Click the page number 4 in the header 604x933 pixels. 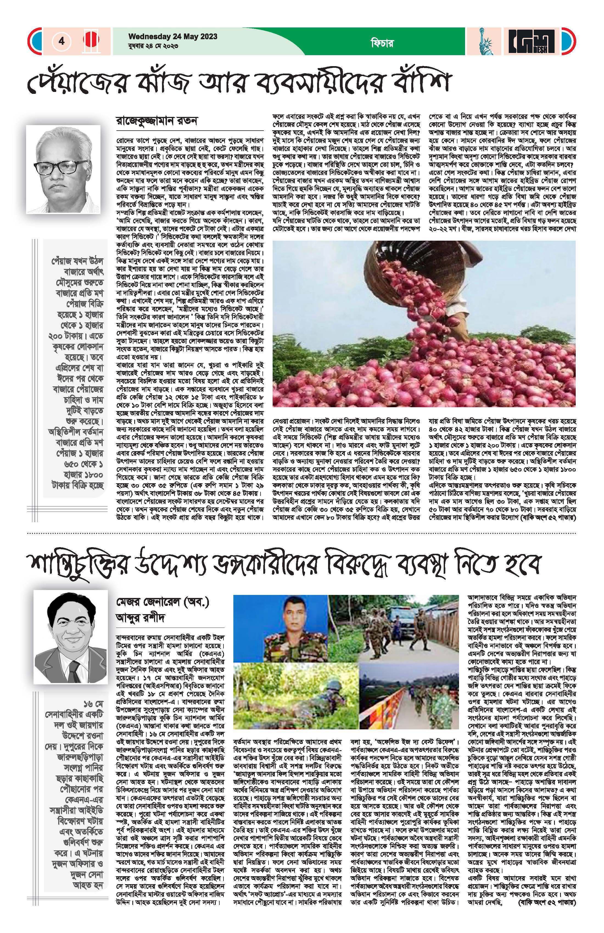(61, 41)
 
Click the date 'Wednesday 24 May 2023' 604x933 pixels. (173, 37)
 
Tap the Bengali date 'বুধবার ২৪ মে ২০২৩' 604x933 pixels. (153, 46)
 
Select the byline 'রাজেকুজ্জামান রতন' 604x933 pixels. (157, 120)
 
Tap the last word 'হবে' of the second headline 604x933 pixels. (522, 563)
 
